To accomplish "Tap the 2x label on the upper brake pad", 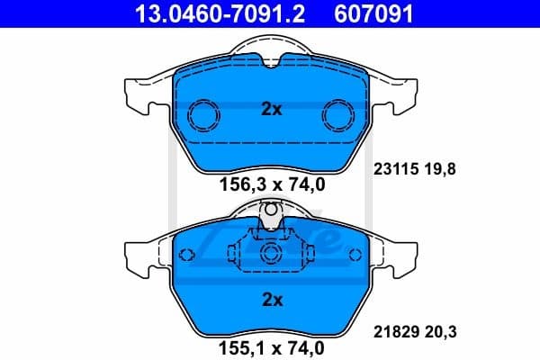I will point(271,109).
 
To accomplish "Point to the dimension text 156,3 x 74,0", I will point(271,186).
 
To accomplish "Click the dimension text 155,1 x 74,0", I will point(271,344).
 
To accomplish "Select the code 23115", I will point(391,166).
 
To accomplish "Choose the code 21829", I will point(391,333).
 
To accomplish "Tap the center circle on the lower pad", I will point(271,256).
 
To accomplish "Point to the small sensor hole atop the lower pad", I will point(271,211).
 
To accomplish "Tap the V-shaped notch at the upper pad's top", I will point(271,60).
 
